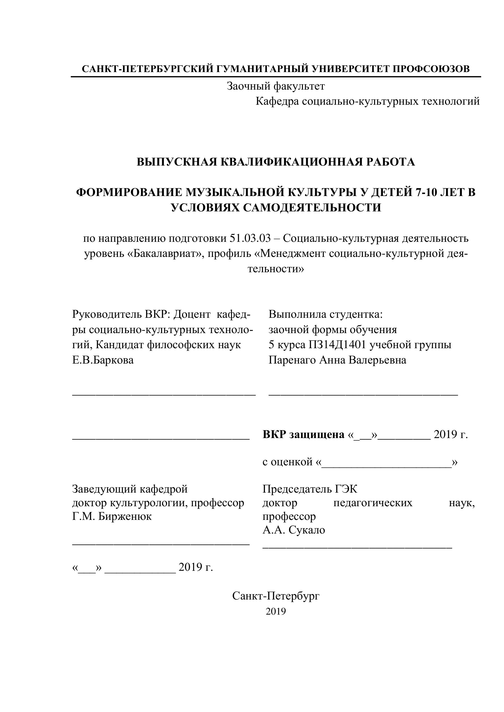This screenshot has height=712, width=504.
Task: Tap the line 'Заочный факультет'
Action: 276,86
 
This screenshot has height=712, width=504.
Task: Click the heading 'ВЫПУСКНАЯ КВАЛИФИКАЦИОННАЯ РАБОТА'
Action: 276,162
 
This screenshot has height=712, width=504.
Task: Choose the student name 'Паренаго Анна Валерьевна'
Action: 337,360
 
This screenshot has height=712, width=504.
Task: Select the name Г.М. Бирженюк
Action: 112,517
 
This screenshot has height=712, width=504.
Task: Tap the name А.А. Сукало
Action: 294,530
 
